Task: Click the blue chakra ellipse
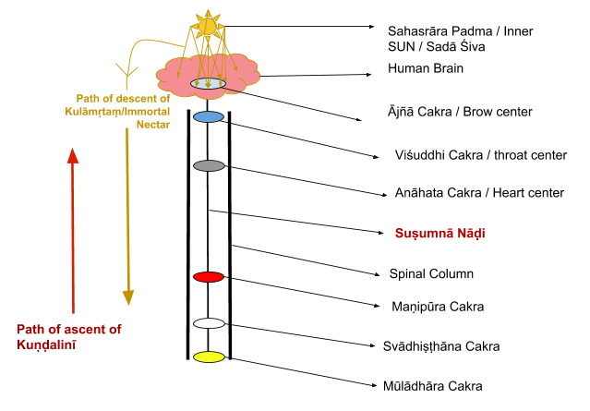[209, 117]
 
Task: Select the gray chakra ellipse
[209, 165]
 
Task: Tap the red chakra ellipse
[209, 277]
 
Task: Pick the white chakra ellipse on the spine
[209, 323]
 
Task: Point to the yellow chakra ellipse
[209, 357]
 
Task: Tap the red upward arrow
[72, 231]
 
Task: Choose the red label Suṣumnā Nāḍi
[439, 234]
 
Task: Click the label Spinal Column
[431, 274]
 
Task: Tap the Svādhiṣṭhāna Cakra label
[440, 346]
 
